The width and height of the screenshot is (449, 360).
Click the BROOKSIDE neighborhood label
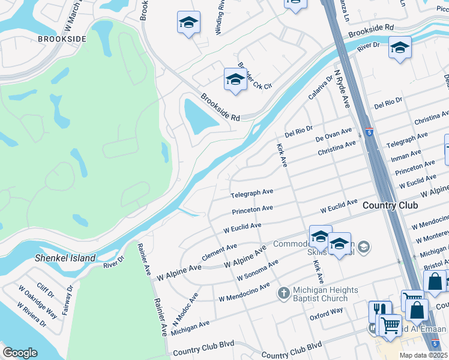pos(62,38)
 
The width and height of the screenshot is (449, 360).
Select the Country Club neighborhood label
pos(390,206)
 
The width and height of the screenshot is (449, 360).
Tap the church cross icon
pos(284,293)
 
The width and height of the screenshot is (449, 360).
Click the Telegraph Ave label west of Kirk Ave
pos(252,194)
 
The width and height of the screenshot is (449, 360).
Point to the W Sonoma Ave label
pos(258,270)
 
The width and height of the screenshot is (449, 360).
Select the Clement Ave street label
pos(219,250)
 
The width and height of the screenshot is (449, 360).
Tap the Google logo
pos(20,353)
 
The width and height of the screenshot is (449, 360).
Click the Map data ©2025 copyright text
pos(423,355)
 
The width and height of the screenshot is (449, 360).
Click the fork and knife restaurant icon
pos(380,311)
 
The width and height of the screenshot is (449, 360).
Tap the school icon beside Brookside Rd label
pos(235,80)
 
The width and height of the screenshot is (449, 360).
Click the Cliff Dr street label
pos(46,290)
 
